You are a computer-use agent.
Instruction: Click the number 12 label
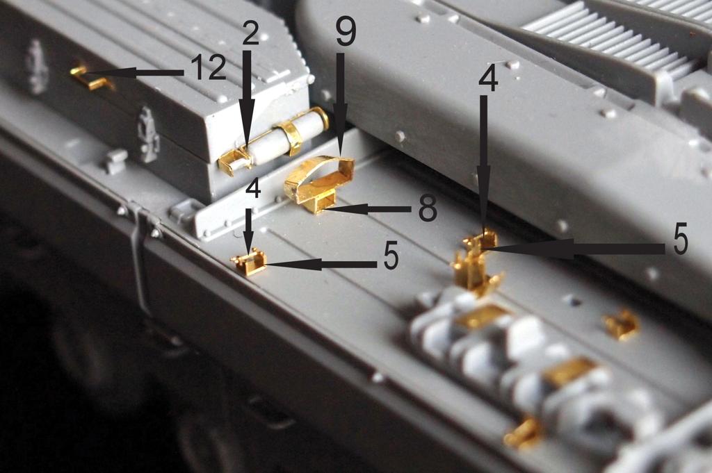coord(208,68)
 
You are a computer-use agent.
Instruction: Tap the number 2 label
coord(250,33)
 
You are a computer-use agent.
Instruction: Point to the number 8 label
coord(428,208)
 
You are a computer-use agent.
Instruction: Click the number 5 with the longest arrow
coord(680,240)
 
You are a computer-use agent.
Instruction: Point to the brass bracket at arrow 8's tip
coord(320,202)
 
